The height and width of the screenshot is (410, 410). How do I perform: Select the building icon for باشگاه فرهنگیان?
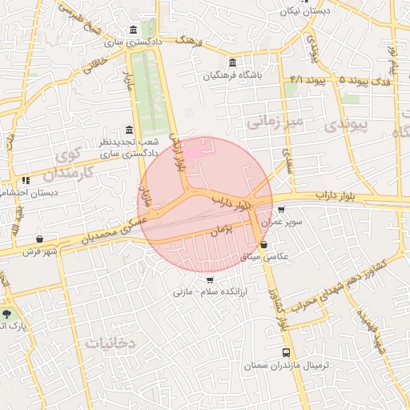coord(232,63)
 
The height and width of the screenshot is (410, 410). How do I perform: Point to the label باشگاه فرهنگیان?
coord(233,77)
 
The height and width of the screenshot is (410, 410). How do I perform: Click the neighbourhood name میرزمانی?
coord(275,122)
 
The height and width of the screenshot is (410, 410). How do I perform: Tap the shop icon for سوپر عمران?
coord(280,210)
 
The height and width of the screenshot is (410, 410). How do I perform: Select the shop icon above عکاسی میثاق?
coord(263,245)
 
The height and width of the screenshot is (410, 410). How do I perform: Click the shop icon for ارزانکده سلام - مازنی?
coord(210,279)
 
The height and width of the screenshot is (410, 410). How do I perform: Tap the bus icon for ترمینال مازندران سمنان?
coord(286,352)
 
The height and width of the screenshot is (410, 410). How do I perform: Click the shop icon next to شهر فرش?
coord(39,239)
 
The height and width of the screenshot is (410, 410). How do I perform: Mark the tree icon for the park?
coord(7,314)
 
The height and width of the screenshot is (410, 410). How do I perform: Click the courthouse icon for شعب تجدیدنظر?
coord(129,130)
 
